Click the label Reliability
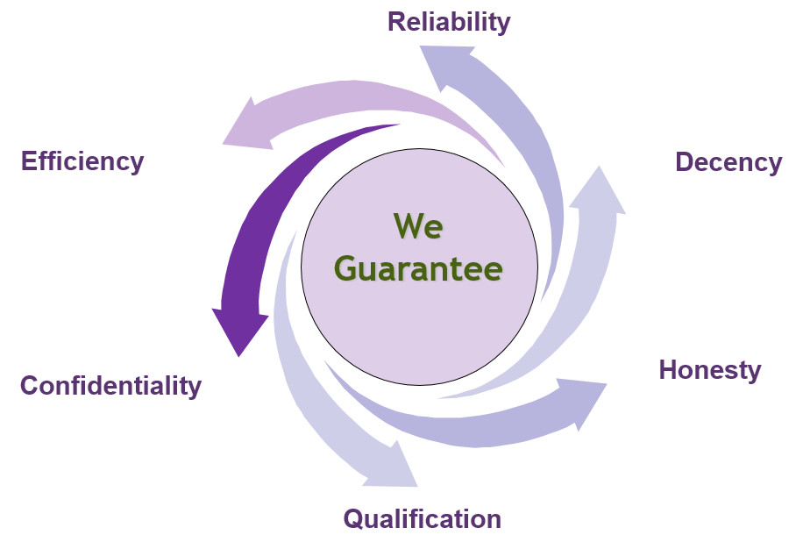(x=448, y=21)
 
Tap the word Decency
(x=728, y=162)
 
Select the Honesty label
(x=709, y=369)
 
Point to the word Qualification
(x=422, y=518)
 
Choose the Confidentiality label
(x=110, y=385)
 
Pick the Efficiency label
(x=82, y=161)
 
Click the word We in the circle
(x=418, y=226)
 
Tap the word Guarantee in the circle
(x=418, y=268)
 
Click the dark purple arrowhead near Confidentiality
(x=238, y=329)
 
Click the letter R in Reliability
(x=396, y=21)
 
